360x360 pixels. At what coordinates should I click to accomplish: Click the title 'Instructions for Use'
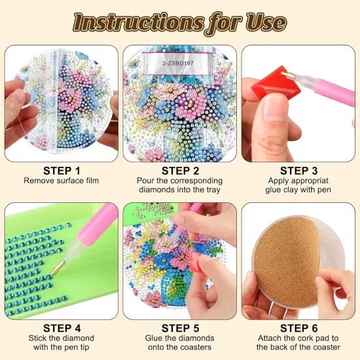click(x=180, y=24)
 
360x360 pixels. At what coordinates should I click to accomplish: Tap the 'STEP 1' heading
click(x=62, y=171)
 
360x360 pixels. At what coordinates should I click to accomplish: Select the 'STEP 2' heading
click(x=180, y=171)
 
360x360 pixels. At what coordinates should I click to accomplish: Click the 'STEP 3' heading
click(x=298, y=171)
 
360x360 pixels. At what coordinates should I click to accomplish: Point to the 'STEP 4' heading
click(x=62, y=329)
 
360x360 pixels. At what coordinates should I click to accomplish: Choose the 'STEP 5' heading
click(x=180, y=329)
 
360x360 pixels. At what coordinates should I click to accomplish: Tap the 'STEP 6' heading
click(x=298, y=329)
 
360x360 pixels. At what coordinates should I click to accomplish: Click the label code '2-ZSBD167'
click(x=178, y=63)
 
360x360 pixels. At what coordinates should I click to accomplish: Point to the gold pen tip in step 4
click(x=58, y=268)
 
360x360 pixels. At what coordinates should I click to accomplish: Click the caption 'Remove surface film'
click(x=62, y=181)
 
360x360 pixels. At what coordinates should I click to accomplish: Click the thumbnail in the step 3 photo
click(x=274, y=111)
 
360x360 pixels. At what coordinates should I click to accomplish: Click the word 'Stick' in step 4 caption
click(x=38, y=338)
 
